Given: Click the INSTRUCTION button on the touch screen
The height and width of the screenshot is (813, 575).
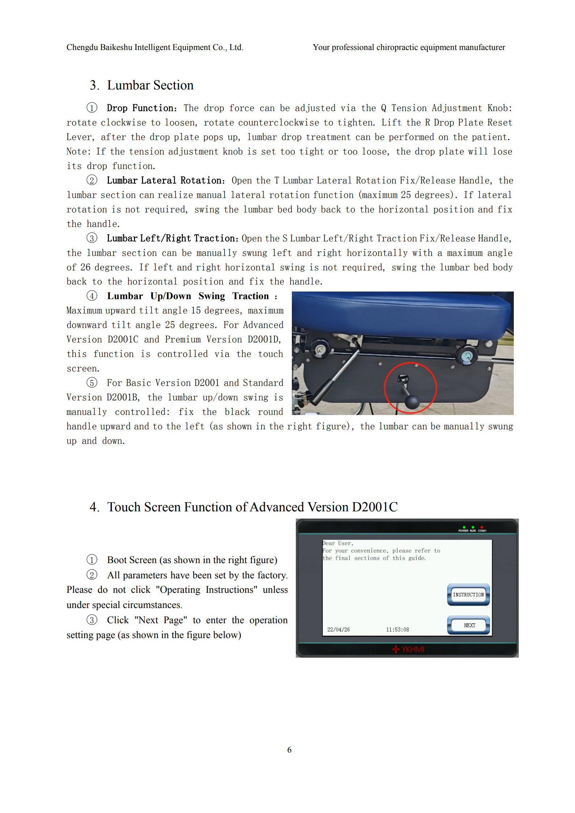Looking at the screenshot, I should pyautogui.click(x=468, y=595).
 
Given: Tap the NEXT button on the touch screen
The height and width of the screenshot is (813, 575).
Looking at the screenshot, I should pyautogui.click(x=469, y=625).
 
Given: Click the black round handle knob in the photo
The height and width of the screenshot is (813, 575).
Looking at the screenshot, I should pyautogui.click(x=412, y=401).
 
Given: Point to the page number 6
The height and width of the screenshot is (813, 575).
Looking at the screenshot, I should pyautogui.click(x=289, y=750).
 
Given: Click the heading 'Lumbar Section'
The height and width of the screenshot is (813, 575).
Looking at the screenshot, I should pyautogui.click(x=150, y=85).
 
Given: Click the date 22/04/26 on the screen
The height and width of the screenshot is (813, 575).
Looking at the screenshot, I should pyautogui.click(x=338, y=629).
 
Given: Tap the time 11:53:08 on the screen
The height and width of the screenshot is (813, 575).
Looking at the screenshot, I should pyautogui.click(x=397, y=629).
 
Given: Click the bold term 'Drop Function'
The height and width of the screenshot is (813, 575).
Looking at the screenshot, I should pyautogui.click(x=140, y=108).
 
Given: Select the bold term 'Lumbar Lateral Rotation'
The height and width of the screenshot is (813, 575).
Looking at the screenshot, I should pyautogui.click(x=164, y=181).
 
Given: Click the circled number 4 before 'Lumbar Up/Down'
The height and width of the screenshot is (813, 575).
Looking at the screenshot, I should pyautogui.click(x=92, y=296).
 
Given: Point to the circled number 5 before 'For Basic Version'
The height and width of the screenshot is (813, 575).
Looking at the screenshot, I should pyautogui.click(x=92, y=383).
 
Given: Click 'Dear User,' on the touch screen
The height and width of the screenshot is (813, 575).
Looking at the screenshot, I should pyautogui.click(x=337, y=543).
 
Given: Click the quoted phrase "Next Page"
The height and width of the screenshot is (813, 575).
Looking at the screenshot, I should pyautogui.click(x=160, y=620).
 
